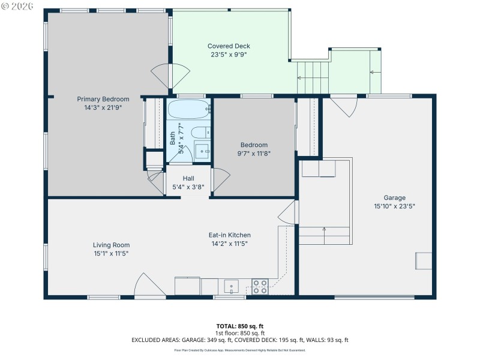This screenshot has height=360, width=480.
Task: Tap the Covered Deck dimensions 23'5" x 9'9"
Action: click(229, 54)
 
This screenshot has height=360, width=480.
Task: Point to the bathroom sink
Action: click(202, 149)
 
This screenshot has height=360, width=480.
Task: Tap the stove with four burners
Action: click(260, 286)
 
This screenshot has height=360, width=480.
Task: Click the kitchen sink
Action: click(231, 286)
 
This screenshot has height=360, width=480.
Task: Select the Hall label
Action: click(188, 178)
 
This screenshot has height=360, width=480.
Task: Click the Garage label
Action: click(395, 197)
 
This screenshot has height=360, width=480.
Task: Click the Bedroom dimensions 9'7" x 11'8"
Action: click(254, 154)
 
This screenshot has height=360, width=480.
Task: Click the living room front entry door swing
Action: click(148, 286)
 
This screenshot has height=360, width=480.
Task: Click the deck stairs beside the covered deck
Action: click(313, 78)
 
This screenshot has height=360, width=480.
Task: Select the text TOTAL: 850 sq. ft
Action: click(239, 326)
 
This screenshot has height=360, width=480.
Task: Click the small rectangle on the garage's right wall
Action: click(423, 261)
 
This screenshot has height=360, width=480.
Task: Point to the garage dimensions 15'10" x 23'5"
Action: click(395, 206)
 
